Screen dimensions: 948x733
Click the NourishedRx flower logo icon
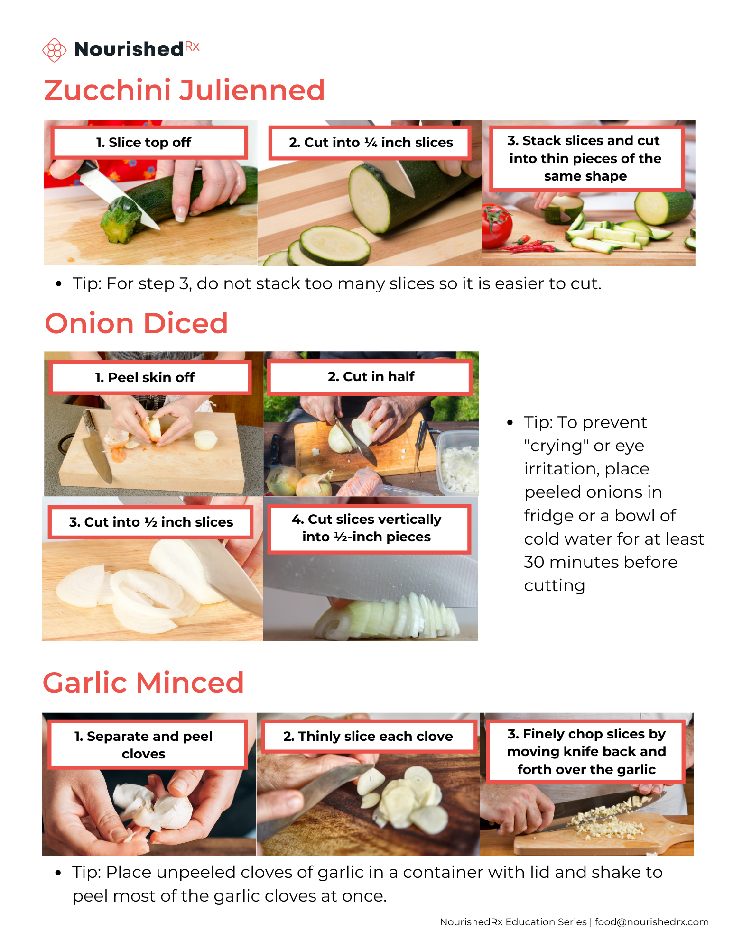coord(54,50)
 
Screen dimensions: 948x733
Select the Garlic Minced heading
coord(143,683)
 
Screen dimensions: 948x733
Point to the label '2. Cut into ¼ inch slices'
coord(370,142)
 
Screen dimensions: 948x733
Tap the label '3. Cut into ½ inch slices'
coord(151,522)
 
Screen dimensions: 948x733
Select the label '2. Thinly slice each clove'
coord(368,736)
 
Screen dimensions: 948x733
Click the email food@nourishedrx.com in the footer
coord(651,922)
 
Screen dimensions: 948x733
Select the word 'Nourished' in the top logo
coord(129,49)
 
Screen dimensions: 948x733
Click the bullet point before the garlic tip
coord(58,873)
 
